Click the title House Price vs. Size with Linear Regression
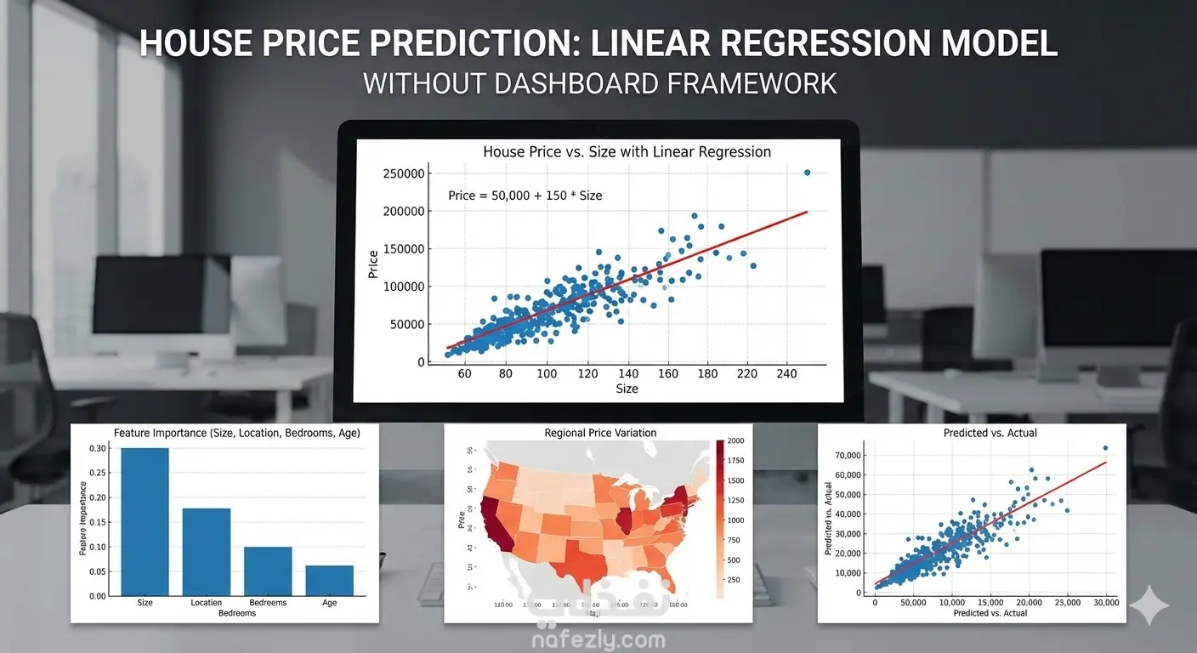click(627, 152)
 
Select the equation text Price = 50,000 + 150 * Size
click(525, 196)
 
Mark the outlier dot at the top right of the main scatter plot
click(807, 173)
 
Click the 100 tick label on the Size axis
click(546, 374)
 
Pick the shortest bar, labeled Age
click(329, 580)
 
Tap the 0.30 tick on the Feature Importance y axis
click(99, 448)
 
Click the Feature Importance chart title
click(224, 433)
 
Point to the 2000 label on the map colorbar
click(735, 441)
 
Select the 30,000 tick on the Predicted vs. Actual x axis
click(1105, 603)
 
